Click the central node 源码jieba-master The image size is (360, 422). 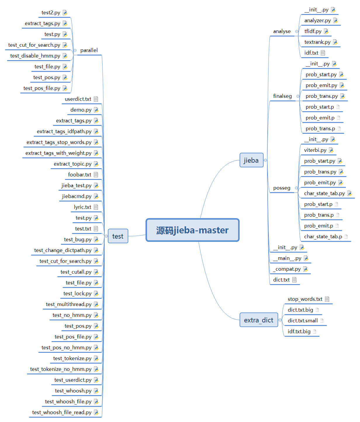(192, 230)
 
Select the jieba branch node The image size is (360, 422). (251, 160)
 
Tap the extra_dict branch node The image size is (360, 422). (259, 320)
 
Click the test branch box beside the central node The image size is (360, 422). (118, 236)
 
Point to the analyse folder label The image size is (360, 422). (282, 31)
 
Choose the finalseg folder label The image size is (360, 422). (282, 96)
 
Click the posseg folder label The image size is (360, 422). (282, 188)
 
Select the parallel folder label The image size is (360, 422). (89, 50)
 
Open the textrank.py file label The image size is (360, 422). (317, 42)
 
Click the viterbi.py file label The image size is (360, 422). (315, 150)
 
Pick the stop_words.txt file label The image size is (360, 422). (305, 299)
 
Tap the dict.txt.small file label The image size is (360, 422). (302, 321)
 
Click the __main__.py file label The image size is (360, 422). (287, 258)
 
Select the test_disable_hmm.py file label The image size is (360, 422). (35, 56)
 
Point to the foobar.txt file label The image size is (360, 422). (79, 175)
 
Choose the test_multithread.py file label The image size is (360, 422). (69, 304)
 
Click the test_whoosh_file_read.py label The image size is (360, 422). (62, 412)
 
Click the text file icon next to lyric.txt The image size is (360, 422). (96, 207)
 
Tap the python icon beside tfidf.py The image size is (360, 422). (326, 31)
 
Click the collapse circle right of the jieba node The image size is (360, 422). (265, 160)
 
